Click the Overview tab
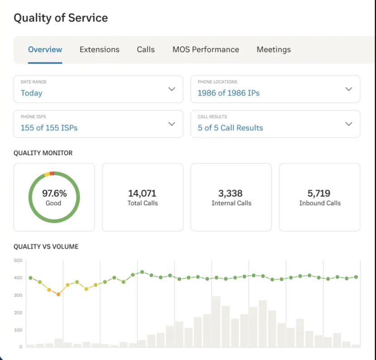[x=45, y=50]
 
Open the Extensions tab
[x=99, y=50]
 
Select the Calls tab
[x=145, y=50]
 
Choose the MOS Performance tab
[x=206, y=50]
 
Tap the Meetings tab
[x=274, y=50]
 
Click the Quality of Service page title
[x=61, y=18]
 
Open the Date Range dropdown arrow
[x=172, y=89]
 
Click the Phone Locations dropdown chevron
[x=348, y=89]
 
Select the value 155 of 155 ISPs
[x=49, y=128]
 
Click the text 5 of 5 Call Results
[x=230, y=128]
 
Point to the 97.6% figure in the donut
[x=54, y=193]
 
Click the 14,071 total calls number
[x=142, y=193]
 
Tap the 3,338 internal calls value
[x=231, y=193]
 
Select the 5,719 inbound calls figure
[x=319, y=193]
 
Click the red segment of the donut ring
[x=52, y=173]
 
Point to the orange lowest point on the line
[x=58, y=294]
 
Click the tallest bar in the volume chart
[x=216, y=322]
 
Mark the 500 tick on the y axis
[x=18, y=261]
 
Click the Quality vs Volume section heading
[x=46, y=247]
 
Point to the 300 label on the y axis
[x=18, y=295]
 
